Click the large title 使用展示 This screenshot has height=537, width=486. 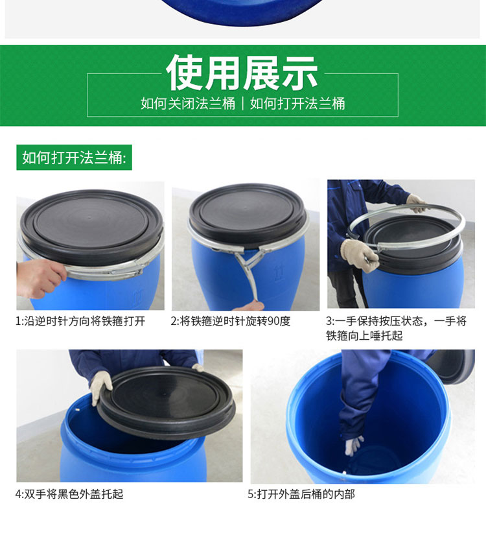242,73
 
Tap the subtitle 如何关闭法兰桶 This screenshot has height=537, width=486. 188,103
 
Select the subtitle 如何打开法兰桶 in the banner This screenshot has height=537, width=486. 297,103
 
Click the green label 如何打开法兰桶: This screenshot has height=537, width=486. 75,158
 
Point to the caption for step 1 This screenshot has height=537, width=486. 81,321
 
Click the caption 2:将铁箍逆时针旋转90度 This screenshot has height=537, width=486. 231,321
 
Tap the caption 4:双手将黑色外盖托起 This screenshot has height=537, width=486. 69,494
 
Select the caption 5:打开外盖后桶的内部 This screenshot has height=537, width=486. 301,494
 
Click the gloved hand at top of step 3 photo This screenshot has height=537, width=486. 417,203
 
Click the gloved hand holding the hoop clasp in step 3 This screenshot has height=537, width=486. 360,256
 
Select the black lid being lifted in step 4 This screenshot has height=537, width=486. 167,403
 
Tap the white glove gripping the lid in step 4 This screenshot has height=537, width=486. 101,387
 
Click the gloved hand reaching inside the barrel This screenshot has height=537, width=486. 353,445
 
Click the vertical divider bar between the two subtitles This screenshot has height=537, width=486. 242,103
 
